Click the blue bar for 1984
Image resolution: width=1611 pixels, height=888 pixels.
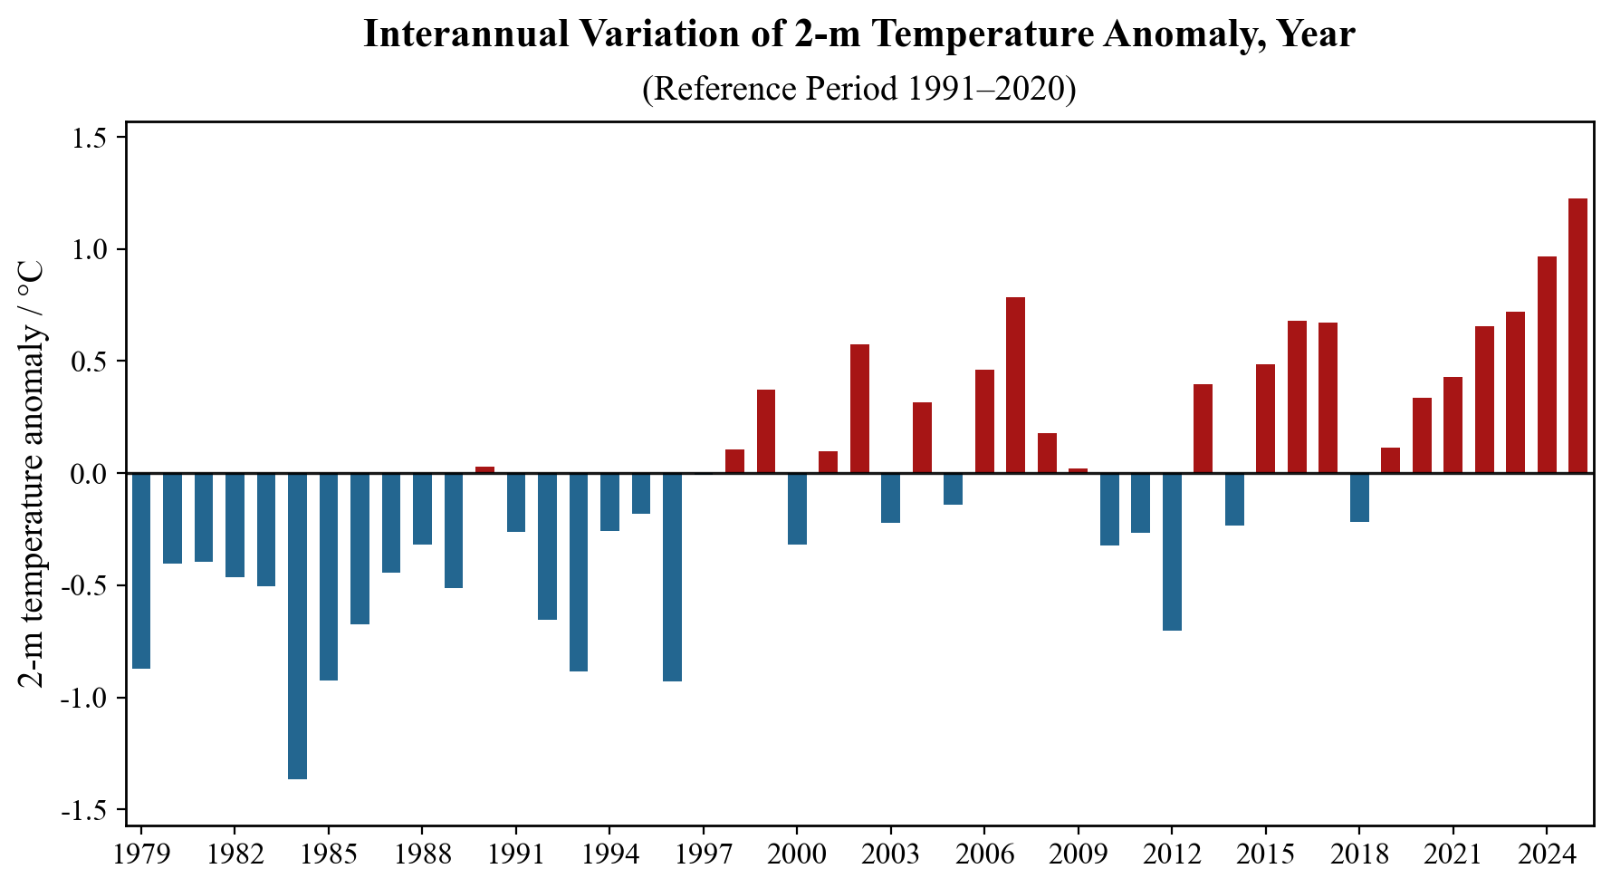coord(297,625)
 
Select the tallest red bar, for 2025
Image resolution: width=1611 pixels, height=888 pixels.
coord(1577,335)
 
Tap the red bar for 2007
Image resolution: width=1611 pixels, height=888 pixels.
coord(1015,385)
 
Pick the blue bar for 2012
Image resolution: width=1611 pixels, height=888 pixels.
coord(1172,551)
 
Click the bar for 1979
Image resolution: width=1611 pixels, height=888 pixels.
coord(141,570)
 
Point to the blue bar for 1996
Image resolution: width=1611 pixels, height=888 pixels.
coord(672,576)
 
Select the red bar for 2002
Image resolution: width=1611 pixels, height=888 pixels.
coord(859,409)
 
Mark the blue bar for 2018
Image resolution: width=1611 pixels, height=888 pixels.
coord(1359,497)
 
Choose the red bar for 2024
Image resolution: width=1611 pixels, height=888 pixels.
coord(1547,364)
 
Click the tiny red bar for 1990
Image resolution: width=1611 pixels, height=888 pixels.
coord(484,469)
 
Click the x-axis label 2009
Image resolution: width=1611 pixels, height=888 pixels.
coord(1079,855)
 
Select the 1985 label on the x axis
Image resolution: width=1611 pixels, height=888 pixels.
coord(329,855)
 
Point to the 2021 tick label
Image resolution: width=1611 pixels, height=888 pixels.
coord(1453,855)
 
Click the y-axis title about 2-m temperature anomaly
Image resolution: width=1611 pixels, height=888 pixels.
coord(32,474)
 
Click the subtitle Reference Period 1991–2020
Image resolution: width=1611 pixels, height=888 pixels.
coord(858,89)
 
